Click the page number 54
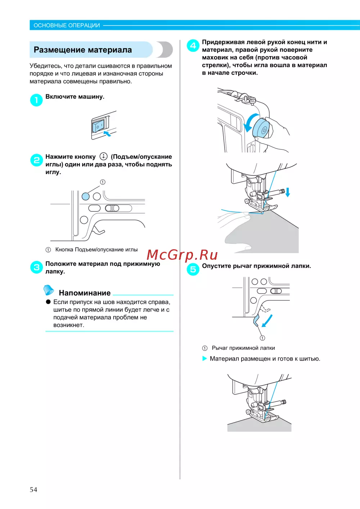[x=33, y=490]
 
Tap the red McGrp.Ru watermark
[x=182, y=255]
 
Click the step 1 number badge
[x=36, y=100]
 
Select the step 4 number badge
[x=193, y=45]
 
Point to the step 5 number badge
[x=193, y=269]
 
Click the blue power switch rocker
[x=98, y=126]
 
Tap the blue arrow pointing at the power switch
[x=107, y=133]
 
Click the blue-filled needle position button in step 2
[x=86, y=196]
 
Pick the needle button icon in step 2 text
[x=104, y=156]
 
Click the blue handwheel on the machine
[x=261, y=130]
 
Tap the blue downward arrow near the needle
[x=288, y=192]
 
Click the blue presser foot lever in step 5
[x=256, y=320]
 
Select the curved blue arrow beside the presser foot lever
[x=268, y=320]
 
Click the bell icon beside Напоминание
[x=48, y=290]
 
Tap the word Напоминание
[x=85, y=293]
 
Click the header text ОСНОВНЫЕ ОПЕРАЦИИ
[x=67, y=25]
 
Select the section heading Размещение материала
[x=83, y=50]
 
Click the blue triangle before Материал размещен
[x=204, y=358]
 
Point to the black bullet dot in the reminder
[x=48, y=302]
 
